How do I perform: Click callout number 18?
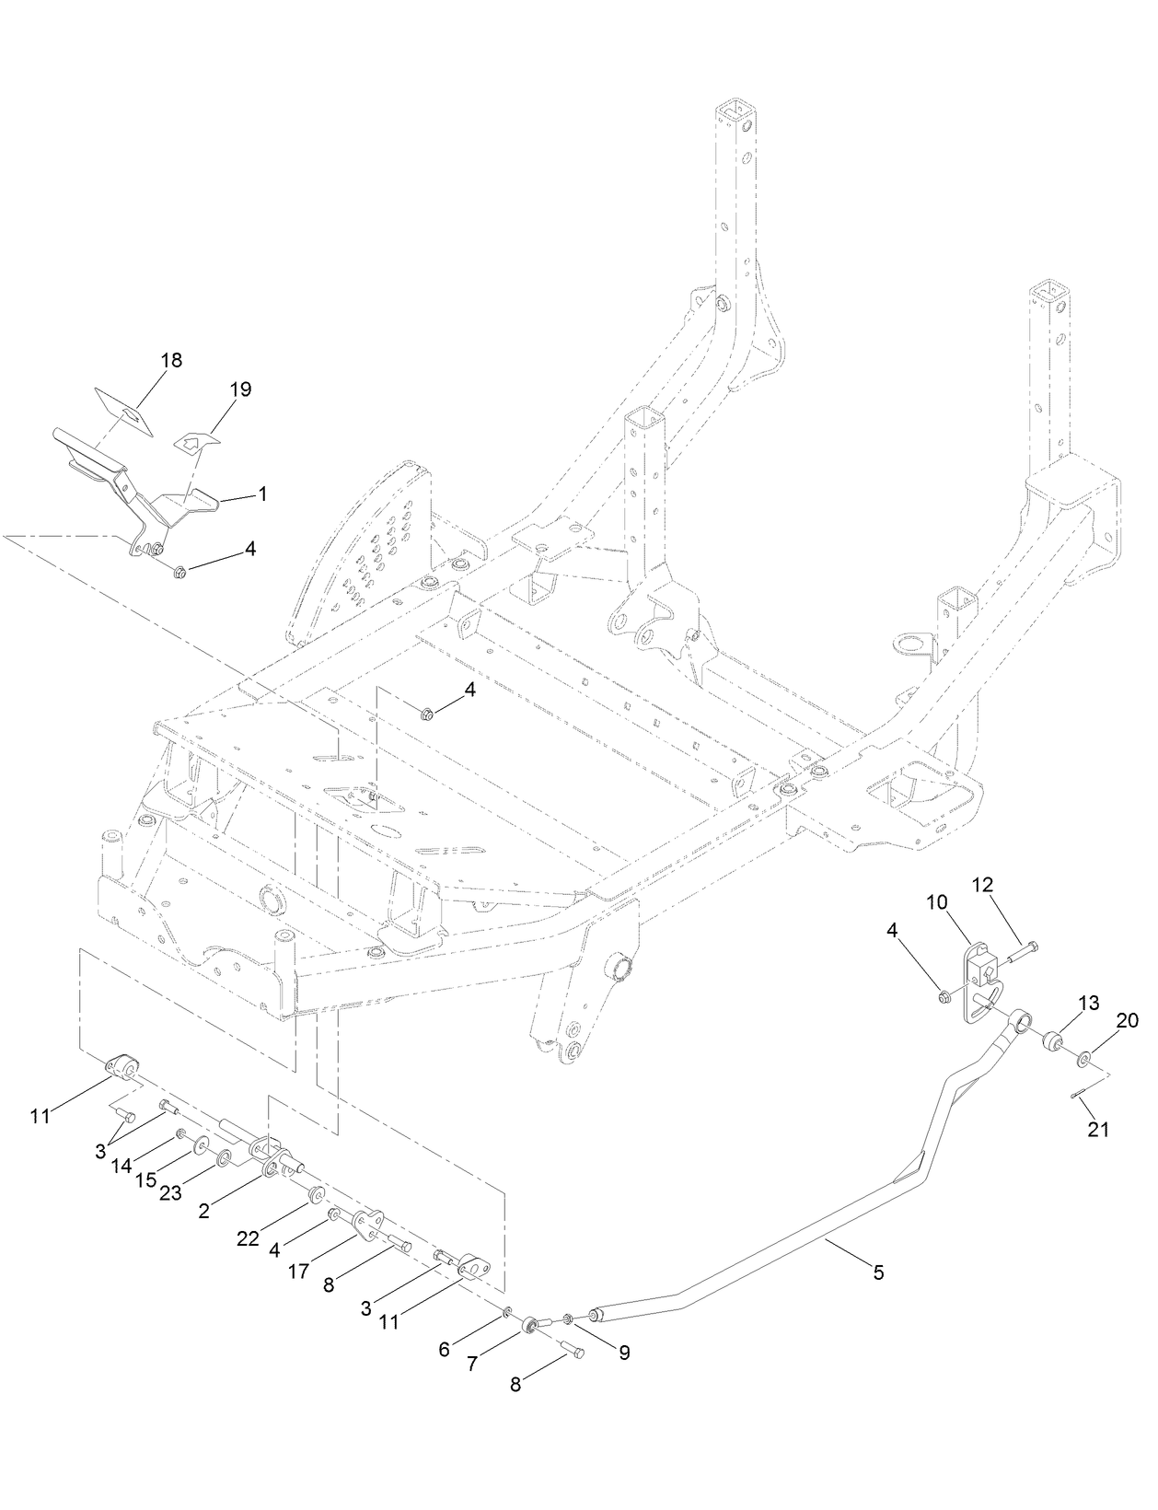171,360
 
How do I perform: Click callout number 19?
239,389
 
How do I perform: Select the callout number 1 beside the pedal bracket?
262,494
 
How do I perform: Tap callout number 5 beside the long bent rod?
878,1272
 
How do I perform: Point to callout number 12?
982,885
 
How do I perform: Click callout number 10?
937,903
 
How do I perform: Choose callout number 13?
1089,1003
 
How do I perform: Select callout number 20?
1128,1020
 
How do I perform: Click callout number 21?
1098,1130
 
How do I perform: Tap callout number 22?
248,1239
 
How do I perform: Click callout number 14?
122,1166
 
